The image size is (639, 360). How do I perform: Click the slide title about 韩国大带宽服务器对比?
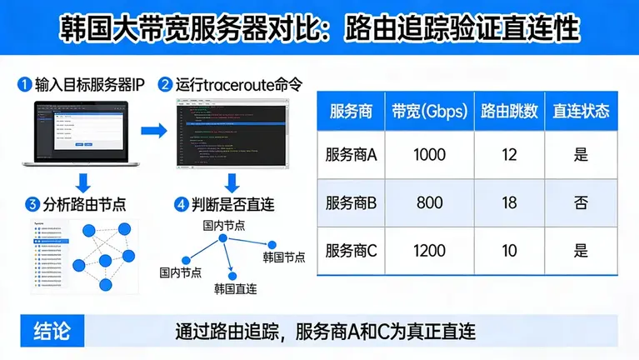(x=319, y=27)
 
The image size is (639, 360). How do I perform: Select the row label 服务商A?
(x=352, y=154)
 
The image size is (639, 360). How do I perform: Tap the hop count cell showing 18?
(x=509, y=202)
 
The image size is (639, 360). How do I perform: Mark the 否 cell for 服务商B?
(x=581, y=202)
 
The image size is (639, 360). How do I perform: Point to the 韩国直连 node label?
(x=235, y=289)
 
